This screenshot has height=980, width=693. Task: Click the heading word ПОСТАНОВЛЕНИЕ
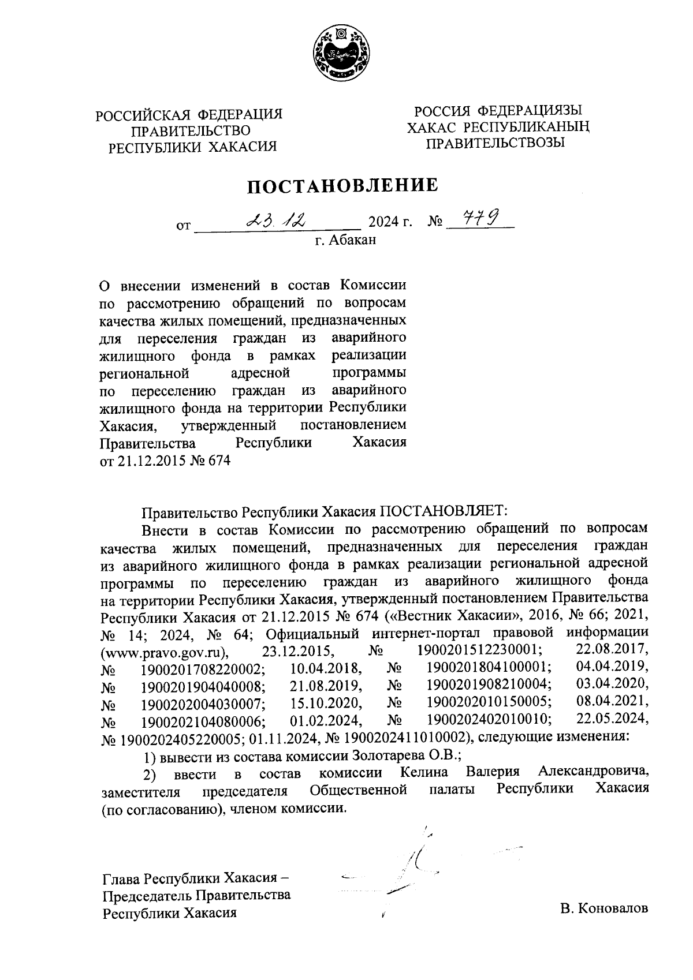click(x=343, y=186)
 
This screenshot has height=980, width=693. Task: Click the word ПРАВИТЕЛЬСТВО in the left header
click(x=190, y=131)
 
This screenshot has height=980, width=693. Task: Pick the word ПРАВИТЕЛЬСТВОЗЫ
click(x=495, y=142)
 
